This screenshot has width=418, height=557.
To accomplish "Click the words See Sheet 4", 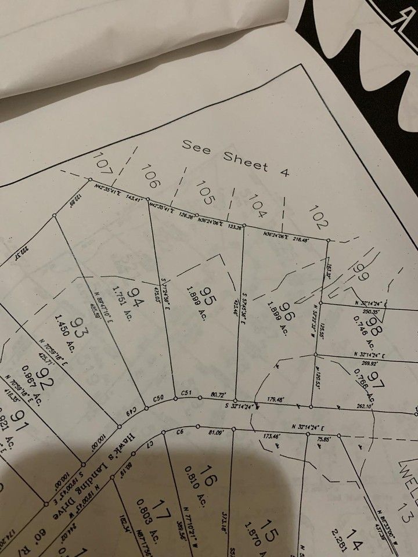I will (x=235, y=157).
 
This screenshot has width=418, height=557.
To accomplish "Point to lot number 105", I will (x=204, y=191).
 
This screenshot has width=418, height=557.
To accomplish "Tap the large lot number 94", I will (x=135, y=299).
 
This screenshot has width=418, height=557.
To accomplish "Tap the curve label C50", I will (x=159, y=399).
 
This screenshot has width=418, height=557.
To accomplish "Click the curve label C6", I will (x=180, y=432).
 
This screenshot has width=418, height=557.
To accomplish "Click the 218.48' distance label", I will (x=300, y=238).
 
